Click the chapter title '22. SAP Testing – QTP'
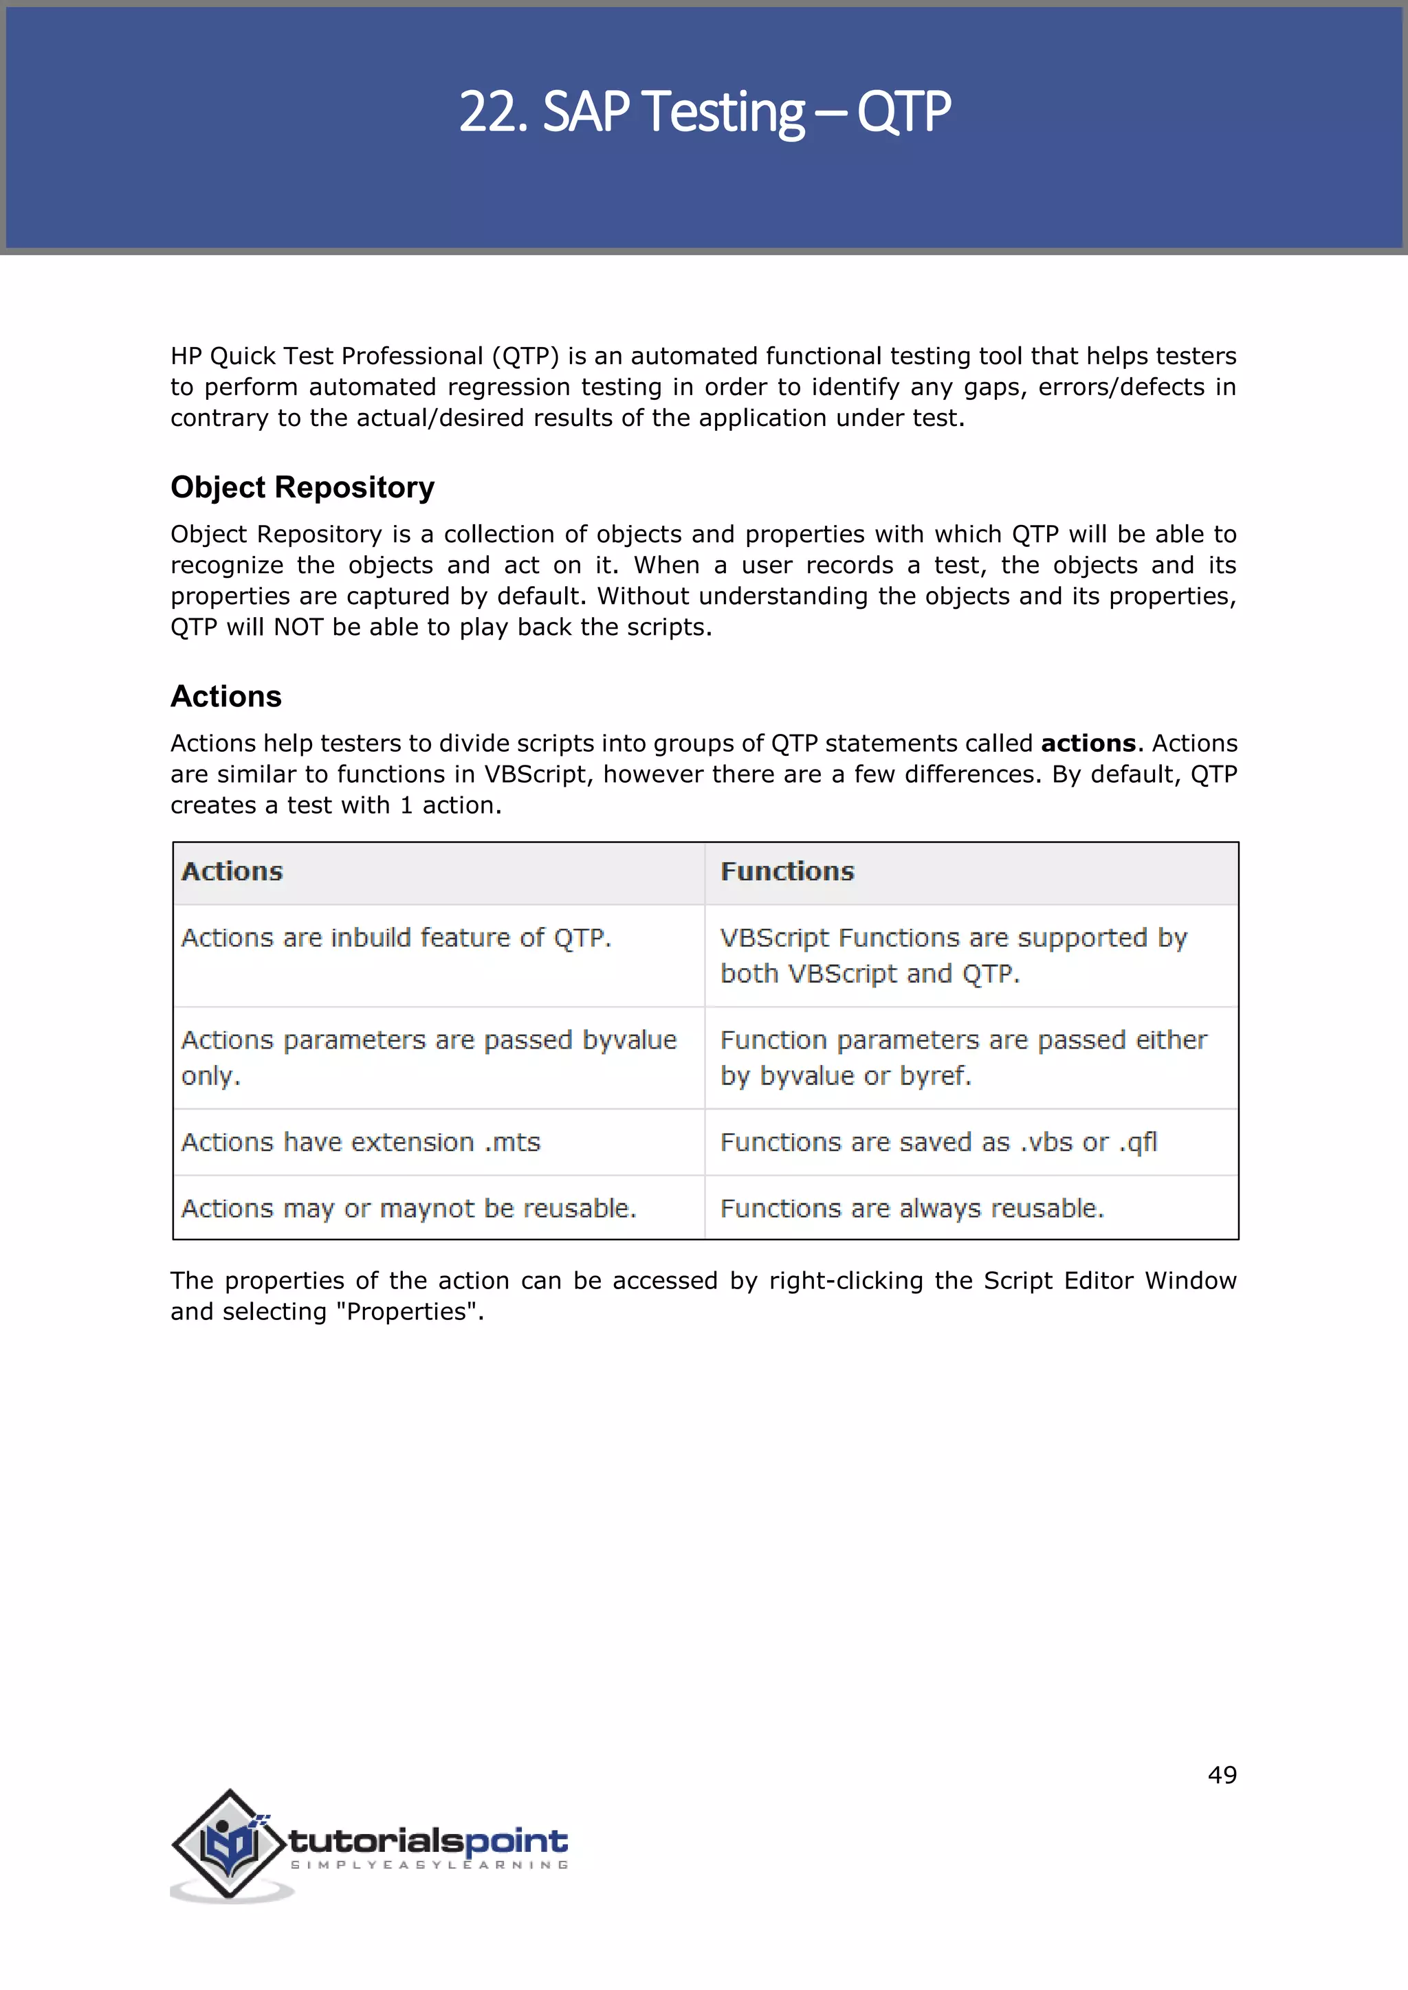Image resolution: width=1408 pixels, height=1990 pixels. [704, 113]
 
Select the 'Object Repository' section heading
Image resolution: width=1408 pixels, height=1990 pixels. [302, 488]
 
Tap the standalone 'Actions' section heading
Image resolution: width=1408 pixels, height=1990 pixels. [225, 697]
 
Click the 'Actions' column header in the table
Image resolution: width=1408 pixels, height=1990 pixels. [232, 872]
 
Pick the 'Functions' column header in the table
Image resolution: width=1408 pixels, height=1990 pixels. [787, 872]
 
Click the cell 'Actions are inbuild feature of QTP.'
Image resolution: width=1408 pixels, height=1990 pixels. [396, 938]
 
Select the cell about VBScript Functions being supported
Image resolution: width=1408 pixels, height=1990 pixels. [954, 955]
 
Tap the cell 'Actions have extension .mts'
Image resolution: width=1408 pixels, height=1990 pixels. [361, 1142]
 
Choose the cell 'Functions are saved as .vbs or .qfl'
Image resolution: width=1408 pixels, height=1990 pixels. [938, 1142]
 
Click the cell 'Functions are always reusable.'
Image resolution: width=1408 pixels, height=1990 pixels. [912, 1208]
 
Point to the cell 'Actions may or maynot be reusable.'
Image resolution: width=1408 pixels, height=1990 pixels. [408, 1208]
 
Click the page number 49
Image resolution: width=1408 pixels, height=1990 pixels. [1222, 1775]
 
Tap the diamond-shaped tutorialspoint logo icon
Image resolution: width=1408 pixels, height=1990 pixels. [229, 1844]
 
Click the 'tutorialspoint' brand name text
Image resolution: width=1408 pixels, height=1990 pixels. [428, 1840]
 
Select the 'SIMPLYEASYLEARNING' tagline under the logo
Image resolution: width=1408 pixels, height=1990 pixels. [428, 1865]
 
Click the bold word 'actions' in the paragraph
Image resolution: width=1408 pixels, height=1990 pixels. [1088, 744]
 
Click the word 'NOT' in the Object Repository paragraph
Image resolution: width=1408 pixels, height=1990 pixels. [299, 627]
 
